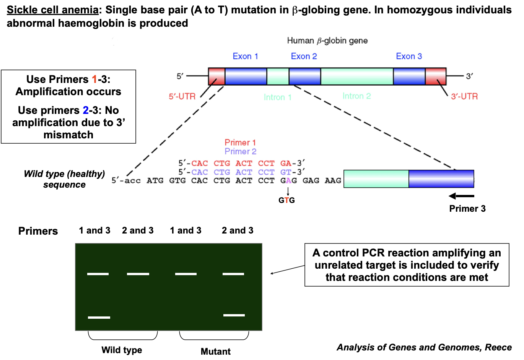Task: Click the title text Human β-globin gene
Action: coord(327,41)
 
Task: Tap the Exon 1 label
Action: coord(245,57)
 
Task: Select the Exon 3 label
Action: coord(409,57)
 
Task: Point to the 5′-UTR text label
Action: coord(182,97)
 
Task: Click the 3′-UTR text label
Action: coord(464,97)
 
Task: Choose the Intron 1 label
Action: coord(278,97)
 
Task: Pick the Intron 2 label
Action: coord(356,96)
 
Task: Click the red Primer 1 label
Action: coord(240,143)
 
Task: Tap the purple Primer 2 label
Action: coord(241,151)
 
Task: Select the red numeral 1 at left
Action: coord(94,79)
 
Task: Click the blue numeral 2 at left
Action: coord(86,110)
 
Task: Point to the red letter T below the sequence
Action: coord(286,200)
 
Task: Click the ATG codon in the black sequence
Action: coord(155,181)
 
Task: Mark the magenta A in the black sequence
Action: coord(288,181)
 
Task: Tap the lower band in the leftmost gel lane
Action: coord(99,318)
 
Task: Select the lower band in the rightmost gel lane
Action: coord(234,315)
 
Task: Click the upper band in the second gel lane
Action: coord(138,274)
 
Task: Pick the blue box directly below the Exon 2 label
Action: coord(305,76)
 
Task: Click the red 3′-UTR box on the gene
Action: coord(436,76)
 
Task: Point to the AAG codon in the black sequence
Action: coord(333,181)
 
